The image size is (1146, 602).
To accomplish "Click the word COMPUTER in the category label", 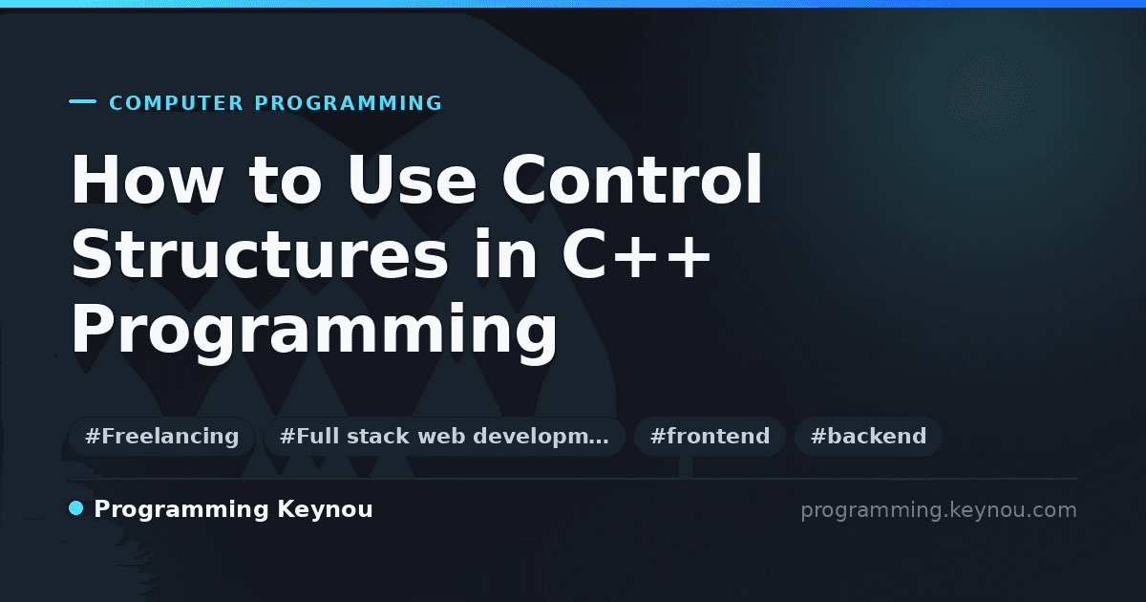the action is (177, 103).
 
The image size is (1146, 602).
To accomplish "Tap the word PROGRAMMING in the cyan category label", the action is (348, 103).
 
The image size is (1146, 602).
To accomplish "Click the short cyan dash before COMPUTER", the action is (82, 101).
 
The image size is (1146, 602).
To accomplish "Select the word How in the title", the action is (147, 180).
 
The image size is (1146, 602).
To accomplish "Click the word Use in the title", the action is (413, 180).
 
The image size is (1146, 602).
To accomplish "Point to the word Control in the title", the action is (632, 179).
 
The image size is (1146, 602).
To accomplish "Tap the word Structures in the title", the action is (260, 253).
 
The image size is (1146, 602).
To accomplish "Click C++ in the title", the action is (636, 253).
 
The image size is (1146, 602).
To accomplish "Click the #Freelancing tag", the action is (162, 436).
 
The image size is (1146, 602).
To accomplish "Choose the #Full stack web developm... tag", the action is (444, 436).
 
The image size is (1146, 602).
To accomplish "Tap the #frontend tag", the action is (710, 436).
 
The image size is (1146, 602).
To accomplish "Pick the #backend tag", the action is (868, 436).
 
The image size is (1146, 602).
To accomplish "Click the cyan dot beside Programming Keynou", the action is (75, 508).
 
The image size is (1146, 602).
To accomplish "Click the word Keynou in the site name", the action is (325, 509).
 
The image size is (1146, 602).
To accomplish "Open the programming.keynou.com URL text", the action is (939, 510).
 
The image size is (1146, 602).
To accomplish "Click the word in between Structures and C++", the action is (505, 253).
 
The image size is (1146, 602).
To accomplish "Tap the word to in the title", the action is (285, 180).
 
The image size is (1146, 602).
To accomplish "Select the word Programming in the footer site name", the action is (181, 510).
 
